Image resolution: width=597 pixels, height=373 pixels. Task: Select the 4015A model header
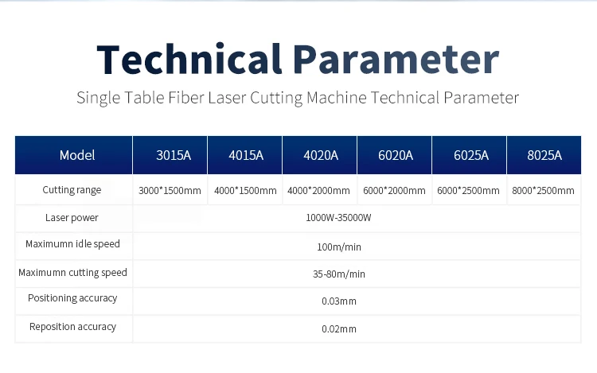point(246,155)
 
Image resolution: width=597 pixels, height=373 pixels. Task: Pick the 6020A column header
point(396,155)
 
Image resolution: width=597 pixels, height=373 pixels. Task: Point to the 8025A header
point(544,155)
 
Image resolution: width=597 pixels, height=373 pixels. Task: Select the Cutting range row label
point(72,190)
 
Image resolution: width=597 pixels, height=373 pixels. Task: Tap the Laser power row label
point(72,217)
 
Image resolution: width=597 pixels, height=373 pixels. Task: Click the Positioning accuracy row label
point(72,298)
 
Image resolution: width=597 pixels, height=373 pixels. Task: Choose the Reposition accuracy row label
point(72,327)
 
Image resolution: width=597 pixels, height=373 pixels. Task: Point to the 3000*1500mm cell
point(170,191)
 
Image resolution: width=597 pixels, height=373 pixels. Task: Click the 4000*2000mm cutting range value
point(318,191)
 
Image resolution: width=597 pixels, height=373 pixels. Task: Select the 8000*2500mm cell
point(544,191)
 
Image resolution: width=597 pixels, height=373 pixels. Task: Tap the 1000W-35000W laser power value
point(338,218)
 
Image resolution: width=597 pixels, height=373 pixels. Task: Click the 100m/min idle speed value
point(339,247)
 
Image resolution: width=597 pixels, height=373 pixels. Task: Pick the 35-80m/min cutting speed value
point(339,274)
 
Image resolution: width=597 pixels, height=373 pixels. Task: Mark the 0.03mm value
point(339,301)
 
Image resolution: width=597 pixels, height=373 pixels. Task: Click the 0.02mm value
point(339,329)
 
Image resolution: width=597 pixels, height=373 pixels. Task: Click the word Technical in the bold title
point(189,59)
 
